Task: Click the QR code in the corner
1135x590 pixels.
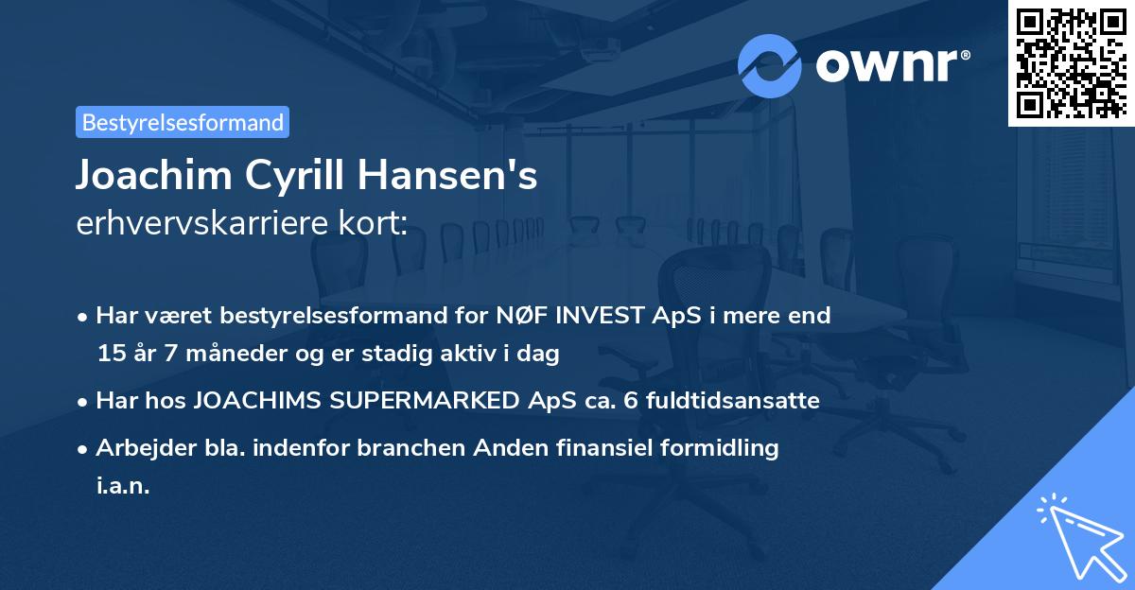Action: pyautogui.click(x=1071, y=62)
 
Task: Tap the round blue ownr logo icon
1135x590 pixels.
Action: pyautogui.click(x=770, y=66)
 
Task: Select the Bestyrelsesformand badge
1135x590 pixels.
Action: pyautogui.click(x=183, y=122)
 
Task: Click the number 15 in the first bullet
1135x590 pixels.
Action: pyautogui.click(x=111, y=354)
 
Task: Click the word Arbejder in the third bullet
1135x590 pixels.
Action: pyautogui.click(x=141, y=448)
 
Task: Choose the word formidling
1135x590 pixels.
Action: pyautogui.click(x=722, y=448)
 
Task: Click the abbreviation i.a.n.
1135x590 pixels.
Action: pyautogui.click(x=123, y=486)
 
